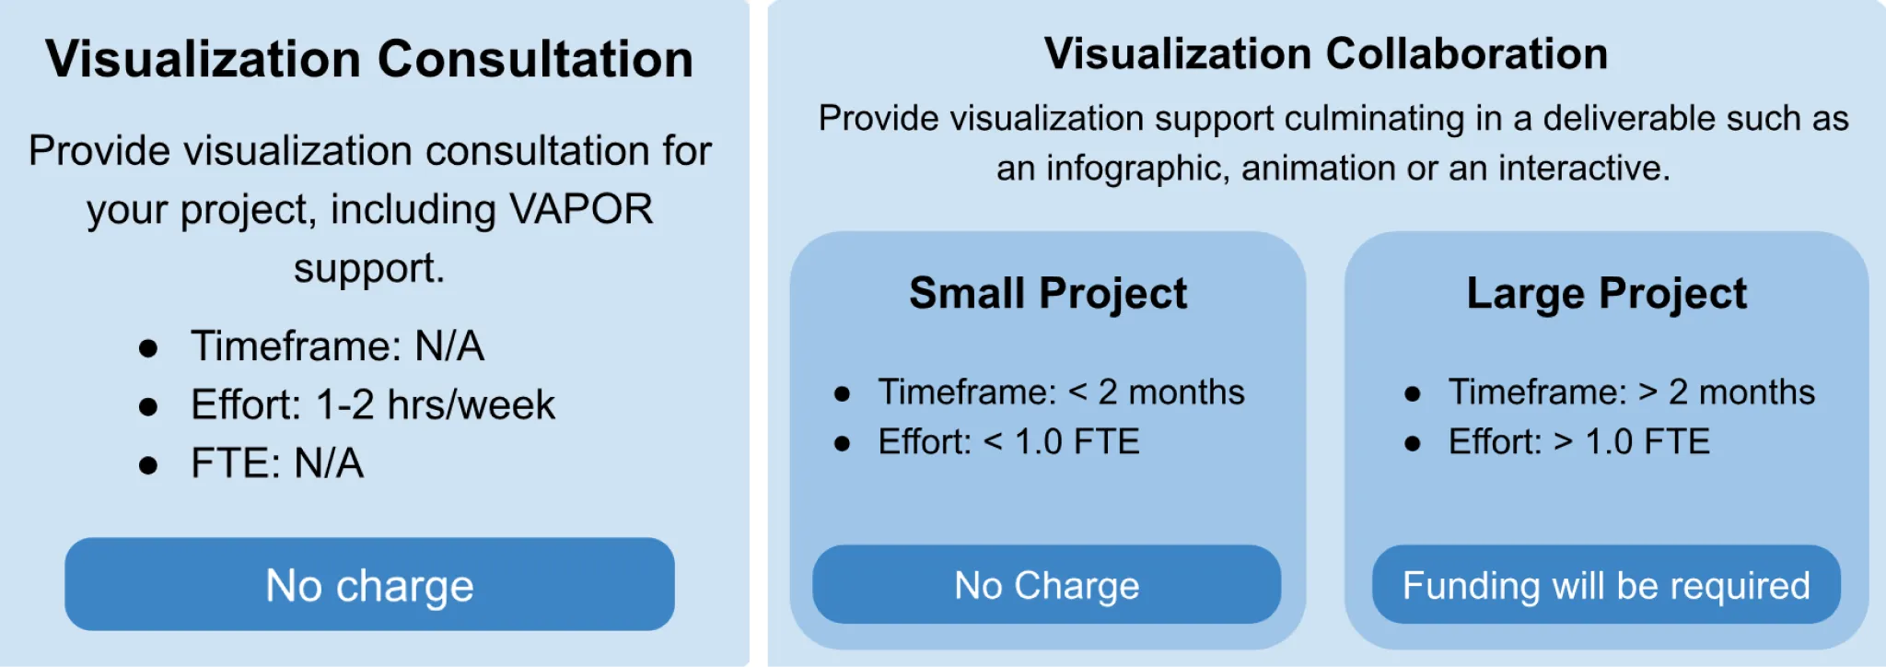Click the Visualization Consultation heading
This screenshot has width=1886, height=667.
point(369,59)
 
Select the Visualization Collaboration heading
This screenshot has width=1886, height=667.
point(1326,53)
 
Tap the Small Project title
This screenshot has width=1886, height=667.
point(1048,294)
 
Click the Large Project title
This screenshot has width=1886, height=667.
point(1606,294)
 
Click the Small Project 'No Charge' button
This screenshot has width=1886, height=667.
point(1046,585)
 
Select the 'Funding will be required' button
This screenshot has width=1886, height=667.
point(1606,585)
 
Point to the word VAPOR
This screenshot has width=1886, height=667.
point(581,209)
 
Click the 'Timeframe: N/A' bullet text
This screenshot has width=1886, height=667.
point(337,346)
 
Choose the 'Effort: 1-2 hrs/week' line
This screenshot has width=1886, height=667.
point(373,404)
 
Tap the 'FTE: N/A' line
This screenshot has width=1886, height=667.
point(276,462)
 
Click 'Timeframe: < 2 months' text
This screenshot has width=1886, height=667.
point(1061,392)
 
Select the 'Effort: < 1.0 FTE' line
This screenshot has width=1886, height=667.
point(1008,442)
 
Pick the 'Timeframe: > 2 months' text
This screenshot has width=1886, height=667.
point(1631,392)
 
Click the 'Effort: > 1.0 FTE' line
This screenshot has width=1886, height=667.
point(1578,442)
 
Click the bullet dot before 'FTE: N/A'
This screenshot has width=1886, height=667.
point(148,464)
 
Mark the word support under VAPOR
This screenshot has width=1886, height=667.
point(368,268)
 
